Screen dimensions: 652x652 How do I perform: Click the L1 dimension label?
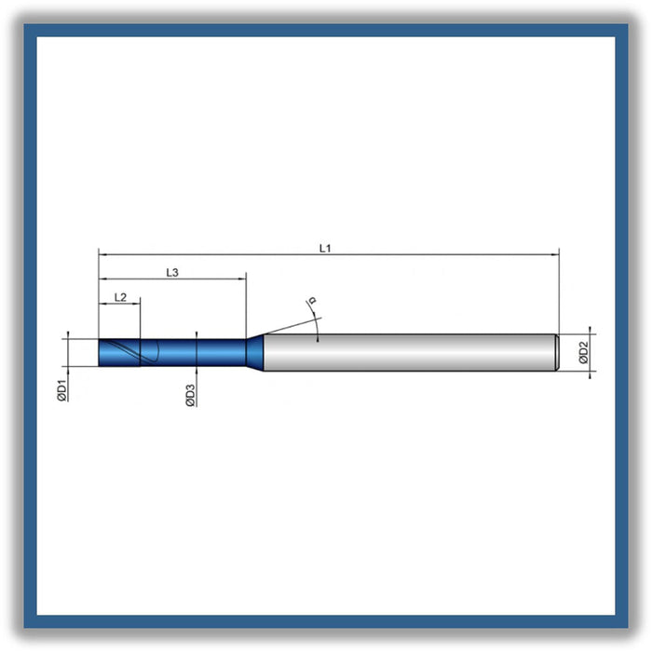click(x=325, y=249)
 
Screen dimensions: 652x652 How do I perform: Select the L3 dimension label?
click(x=172, y=272)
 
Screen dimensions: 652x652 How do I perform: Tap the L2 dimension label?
click(x=120, y=297)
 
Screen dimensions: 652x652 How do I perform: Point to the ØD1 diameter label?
click(x=62, y=390)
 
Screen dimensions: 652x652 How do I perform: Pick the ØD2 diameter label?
click(x=584, y=352)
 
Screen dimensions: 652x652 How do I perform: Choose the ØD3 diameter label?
click(x=190, y=396)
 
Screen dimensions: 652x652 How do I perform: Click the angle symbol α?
click(x=312, y=300)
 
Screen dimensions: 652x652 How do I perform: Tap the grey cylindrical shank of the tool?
click(x=410, y=352)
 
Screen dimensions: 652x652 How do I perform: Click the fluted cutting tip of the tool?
click(x=119, y=353)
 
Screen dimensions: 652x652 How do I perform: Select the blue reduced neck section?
click(x=193, y=353)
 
